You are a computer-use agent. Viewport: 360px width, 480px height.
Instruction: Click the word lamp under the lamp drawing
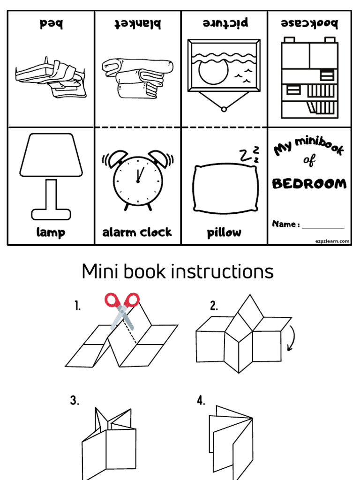pos(51,232)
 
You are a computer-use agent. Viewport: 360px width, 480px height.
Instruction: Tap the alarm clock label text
pos(137,232)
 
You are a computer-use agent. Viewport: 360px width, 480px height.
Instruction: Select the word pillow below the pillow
pos(224,233)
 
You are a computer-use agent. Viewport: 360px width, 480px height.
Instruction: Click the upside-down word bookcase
pos(309,23)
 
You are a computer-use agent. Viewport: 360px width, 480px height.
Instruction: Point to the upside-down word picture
pos(225,23)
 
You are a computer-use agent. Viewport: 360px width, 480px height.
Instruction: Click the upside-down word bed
pos(51,23)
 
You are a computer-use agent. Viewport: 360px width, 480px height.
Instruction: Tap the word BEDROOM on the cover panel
pos(309,183)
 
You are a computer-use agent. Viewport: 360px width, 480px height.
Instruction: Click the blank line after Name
pos(323,227)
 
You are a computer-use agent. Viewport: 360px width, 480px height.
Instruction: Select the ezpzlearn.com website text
pos(332,241)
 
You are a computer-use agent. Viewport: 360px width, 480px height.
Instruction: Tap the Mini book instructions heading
pos(178,271)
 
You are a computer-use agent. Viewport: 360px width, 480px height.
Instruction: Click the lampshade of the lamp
pos(51,154)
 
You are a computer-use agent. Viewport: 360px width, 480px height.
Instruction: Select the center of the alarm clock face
pos(138,180)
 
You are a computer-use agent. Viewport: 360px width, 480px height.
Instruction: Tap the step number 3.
pos(75,400)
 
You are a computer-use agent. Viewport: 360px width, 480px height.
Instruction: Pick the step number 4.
pos(201,400)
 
